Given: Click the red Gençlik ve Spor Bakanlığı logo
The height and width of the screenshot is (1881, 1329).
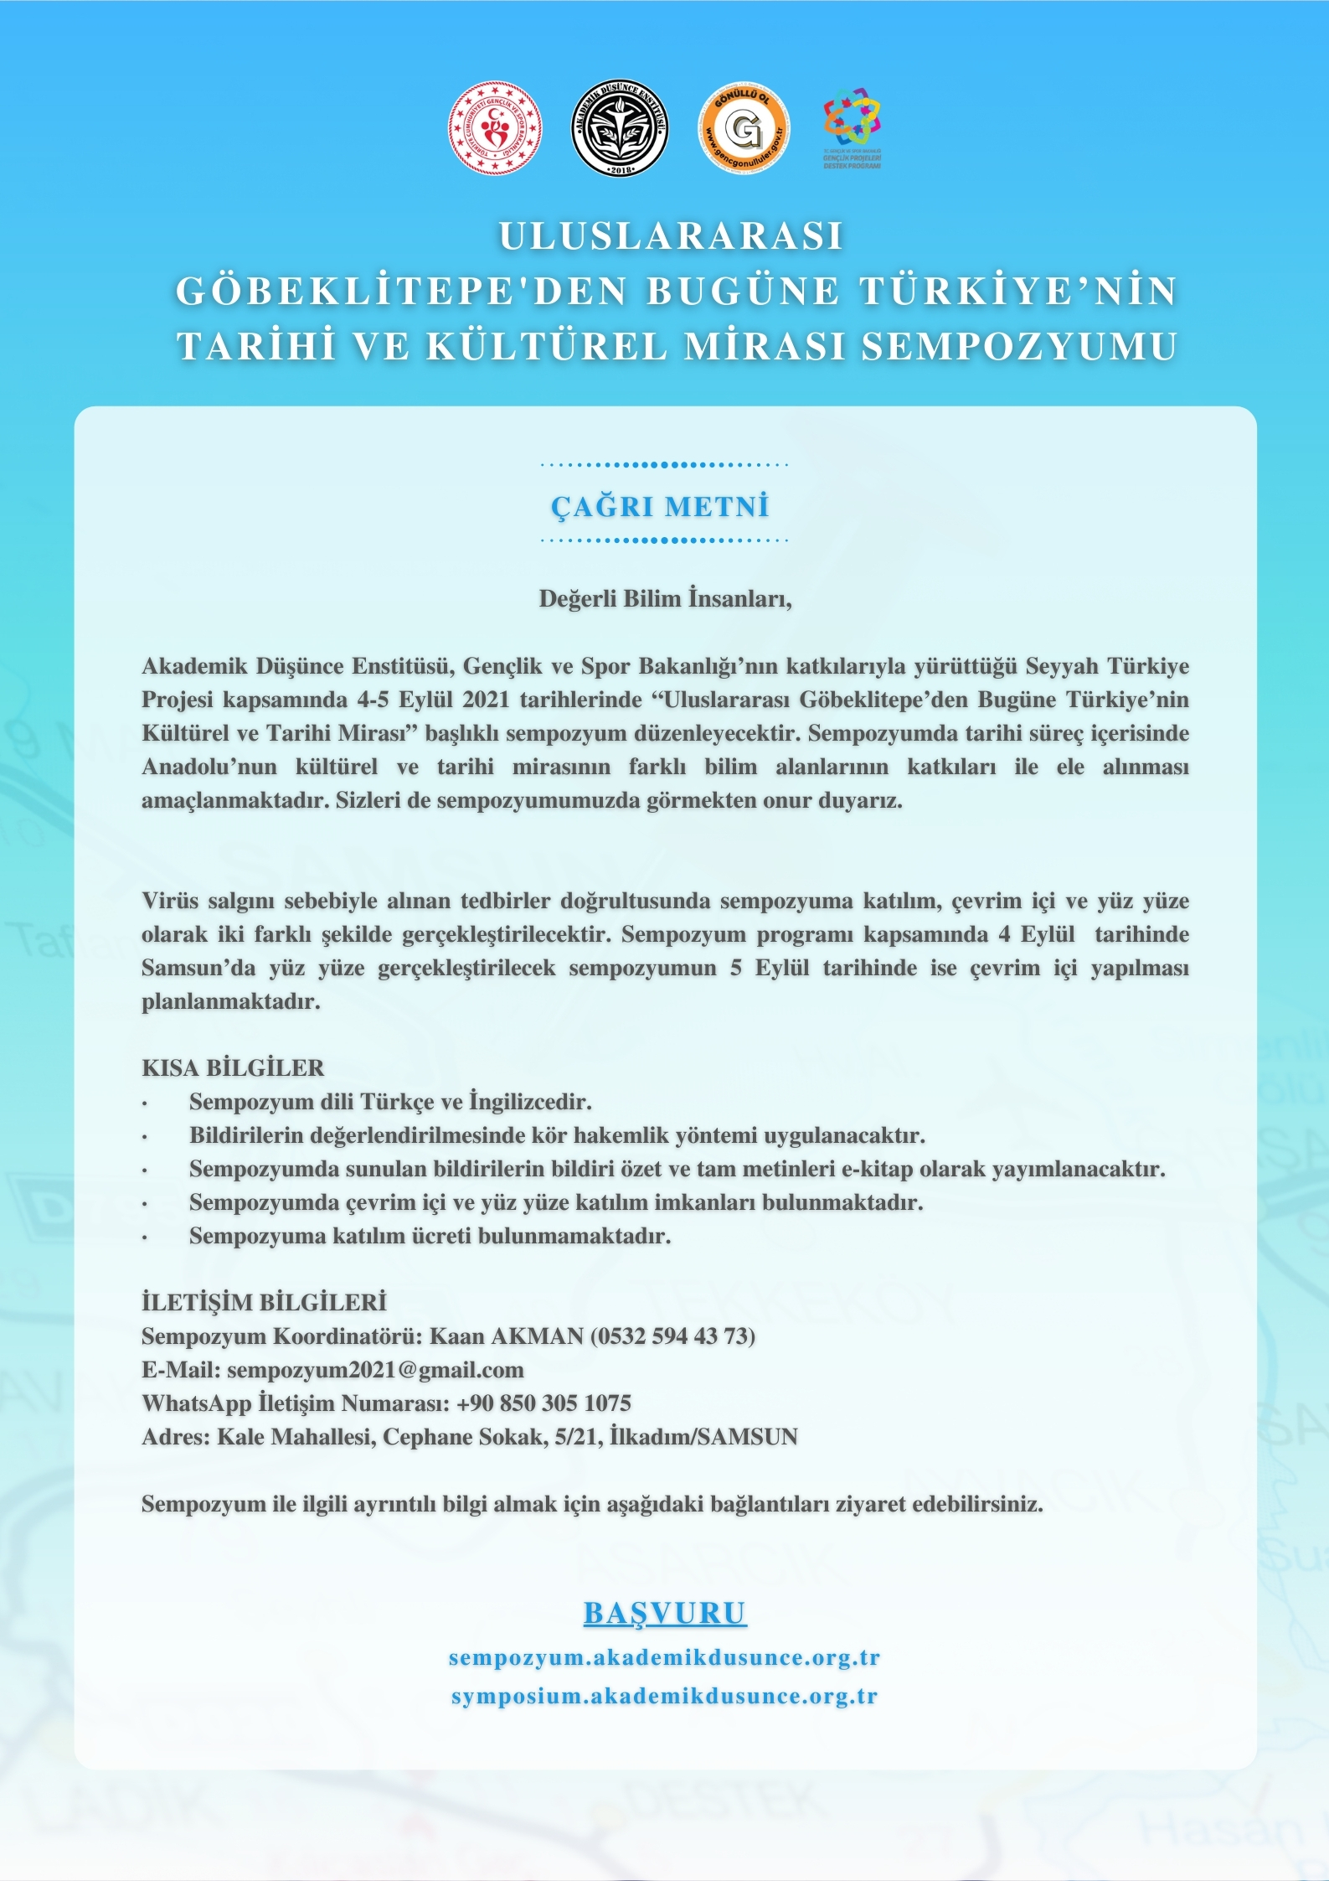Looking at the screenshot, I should [x=495, y=128].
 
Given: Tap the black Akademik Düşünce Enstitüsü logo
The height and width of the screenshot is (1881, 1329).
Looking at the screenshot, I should [x=620, y=128].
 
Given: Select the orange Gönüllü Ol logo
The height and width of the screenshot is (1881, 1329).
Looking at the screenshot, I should [x=744, y=128].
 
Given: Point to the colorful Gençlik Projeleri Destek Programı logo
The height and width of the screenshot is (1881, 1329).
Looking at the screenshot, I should [x=852, y=127].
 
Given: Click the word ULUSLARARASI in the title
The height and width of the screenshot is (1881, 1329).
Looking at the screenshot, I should [x=671, y=236].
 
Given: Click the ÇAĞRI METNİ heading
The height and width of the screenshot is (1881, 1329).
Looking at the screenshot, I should [x=660, y=506].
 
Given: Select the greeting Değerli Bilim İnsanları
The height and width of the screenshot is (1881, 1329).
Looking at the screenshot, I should [x=665, y=599].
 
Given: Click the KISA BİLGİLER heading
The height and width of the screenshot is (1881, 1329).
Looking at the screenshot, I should [x=233, y=1068].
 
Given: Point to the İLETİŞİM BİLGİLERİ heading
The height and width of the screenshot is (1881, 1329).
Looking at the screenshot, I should [x=264, y=1303].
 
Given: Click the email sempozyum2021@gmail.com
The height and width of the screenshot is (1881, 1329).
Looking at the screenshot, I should [x=375, y=1370].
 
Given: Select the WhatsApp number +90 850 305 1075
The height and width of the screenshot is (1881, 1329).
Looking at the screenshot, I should [x=543, y=1403].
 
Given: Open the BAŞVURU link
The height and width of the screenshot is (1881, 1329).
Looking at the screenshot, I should [x=665, y=1613].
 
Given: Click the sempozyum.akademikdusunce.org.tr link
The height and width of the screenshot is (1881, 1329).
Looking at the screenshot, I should [x=665, y=1658].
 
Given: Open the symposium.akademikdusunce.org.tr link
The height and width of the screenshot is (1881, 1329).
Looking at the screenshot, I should [x=665, y=1697].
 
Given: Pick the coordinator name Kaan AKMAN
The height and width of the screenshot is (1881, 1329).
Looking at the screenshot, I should [x=507, y=1336].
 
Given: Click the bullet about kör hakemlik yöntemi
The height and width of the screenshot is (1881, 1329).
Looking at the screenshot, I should [x=557, y=1136].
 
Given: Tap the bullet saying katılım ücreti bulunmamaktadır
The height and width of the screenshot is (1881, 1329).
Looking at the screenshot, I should [x=430, y=1237].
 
